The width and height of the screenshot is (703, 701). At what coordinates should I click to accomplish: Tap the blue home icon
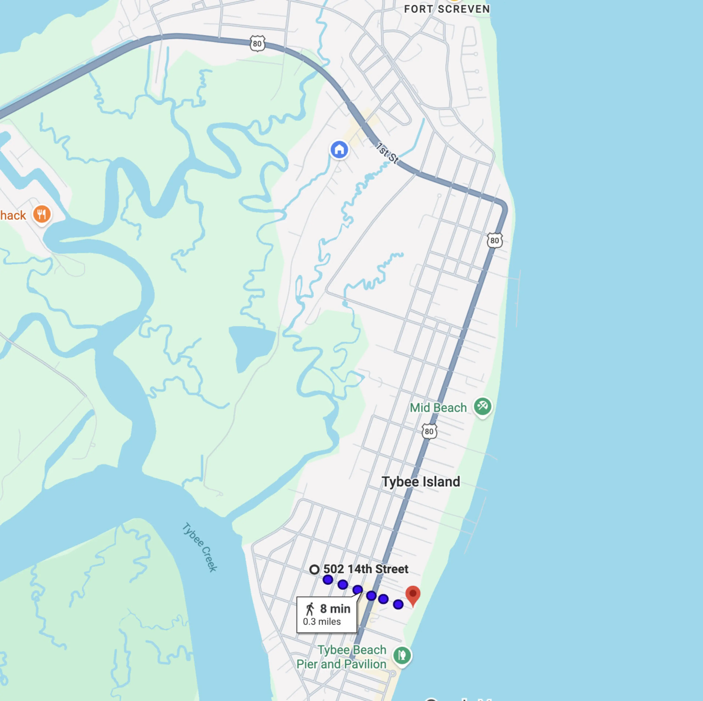339,149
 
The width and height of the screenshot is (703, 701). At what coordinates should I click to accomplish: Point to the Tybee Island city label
421,482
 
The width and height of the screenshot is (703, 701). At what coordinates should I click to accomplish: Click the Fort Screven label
447,9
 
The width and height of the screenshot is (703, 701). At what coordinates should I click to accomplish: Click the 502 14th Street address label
366,569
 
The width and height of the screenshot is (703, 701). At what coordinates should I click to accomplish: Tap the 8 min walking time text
335,609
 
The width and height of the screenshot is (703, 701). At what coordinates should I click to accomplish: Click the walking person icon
310,609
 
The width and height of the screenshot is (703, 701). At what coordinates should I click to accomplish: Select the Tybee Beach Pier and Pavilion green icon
402,655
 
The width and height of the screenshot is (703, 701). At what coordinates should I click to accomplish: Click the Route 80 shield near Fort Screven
257,44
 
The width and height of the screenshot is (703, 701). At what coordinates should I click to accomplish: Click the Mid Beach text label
438,408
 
